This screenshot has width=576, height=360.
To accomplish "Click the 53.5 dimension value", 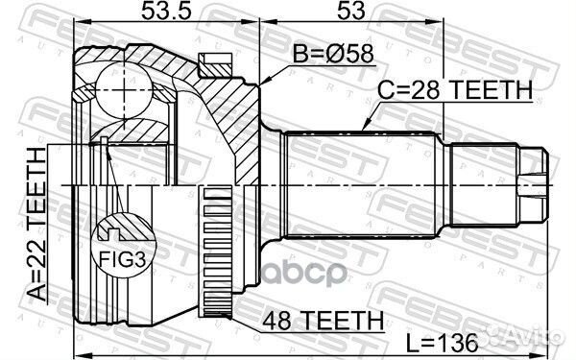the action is coord(166,11).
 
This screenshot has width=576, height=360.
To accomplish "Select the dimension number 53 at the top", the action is coord(351,11).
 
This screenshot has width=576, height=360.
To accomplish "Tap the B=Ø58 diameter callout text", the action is coord(333,54).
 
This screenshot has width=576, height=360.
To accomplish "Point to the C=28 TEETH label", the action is coord(455,89).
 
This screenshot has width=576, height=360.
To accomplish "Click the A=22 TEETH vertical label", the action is coord(37,225).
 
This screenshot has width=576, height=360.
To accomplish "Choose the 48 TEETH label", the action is coord(323,321).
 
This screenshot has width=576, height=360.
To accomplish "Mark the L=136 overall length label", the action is coord(443,343).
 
